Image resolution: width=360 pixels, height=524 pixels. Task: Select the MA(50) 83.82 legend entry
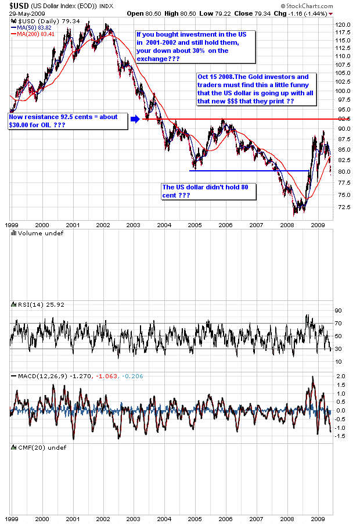[31, 27]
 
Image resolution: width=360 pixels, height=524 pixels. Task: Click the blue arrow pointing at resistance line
[135, 119]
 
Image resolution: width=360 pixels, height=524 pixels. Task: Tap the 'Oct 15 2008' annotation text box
[254, 89]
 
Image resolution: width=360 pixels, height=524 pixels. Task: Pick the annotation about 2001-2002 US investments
[195, 46]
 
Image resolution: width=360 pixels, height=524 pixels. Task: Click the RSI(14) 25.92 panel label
[34, 304]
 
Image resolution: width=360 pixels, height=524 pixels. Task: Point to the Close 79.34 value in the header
[251, 13]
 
